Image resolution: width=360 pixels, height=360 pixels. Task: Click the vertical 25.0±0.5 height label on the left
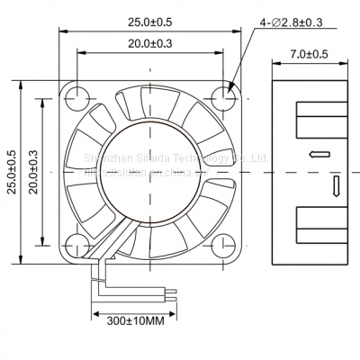[x=12, y=170]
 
